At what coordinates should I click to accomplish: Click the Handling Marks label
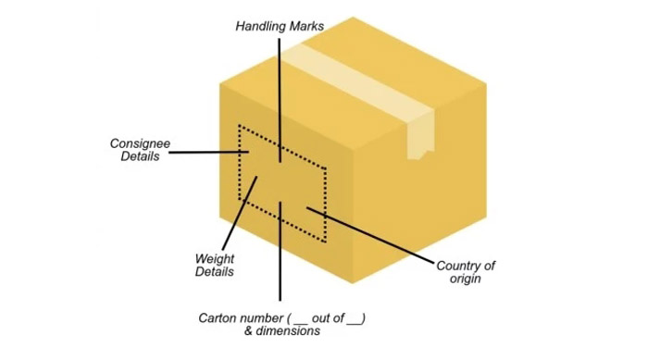coord(279,27)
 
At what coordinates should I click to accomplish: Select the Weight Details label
coord(215,265)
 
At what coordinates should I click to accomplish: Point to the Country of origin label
coord(466,271)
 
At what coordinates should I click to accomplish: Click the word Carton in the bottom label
coord(218,317)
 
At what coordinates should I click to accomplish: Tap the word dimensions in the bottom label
coord(290,331)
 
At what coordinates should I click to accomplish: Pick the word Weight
coord(215,258)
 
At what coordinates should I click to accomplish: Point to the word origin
coord(466,278)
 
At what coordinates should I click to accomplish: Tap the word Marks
coord(305,27)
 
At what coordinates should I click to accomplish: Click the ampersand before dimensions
coord(247,331)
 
